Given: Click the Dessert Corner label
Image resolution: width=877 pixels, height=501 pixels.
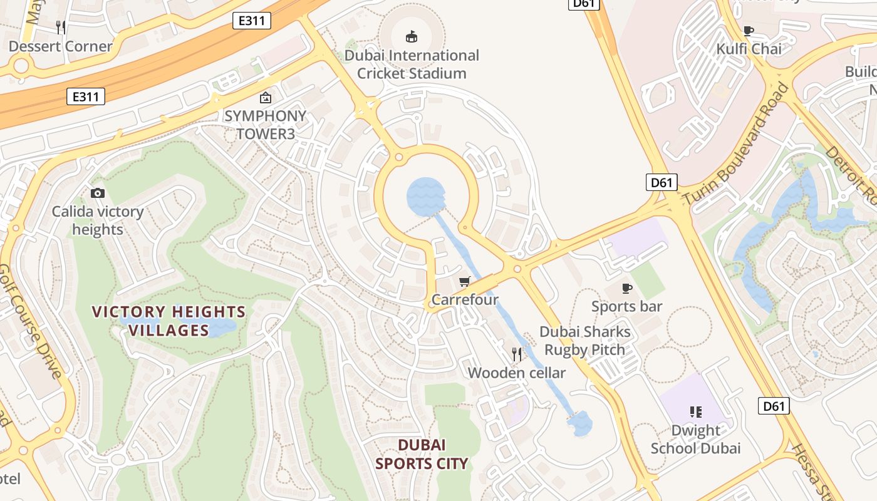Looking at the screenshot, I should coord(61,46).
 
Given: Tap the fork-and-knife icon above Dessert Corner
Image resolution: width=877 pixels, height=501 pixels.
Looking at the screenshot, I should coord(61,27).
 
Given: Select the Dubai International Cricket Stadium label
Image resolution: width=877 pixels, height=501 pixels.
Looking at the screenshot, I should coord(412,65).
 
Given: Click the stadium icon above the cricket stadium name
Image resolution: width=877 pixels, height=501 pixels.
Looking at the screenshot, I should coord(412,36).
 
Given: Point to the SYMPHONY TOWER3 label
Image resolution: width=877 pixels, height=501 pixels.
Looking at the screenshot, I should coord(266,125).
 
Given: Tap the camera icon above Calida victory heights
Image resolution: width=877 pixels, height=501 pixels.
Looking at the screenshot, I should coord(98,193).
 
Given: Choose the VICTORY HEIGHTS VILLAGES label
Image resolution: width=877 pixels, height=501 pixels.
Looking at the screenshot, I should coord(169,321).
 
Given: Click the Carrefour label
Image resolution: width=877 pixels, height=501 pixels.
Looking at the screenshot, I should coord(465,300).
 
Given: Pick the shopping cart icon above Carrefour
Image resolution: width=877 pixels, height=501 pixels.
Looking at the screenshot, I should coord(464,282).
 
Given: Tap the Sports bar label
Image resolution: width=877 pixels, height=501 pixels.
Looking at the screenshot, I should coord(627,307).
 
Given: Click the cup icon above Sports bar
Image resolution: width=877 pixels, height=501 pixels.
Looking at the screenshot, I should coord(627,288).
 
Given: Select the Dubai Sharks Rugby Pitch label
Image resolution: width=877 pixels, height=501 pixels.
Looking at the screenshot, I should coord(585,341).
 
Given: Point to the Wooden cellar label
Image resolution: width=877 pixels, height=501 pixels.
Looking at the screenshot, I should coord(517,373).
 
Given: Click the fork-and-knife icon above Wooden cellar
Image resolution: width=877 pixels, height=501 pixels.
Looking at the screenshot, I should coord(517,354).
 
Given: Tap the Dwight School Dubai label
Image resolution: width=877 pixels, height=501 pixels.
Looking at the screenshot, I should coord(695,440).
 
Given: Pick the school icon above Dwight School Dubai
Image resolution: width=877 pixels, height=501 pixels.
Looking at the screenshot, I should coord(695,411).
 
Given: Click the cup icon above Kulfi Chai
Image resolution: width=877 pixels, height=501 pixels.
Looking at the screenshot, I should coord(748,30).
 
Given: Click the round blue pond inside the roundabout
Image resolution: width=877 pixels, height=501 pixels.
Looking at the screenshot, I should coord(426,197).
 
